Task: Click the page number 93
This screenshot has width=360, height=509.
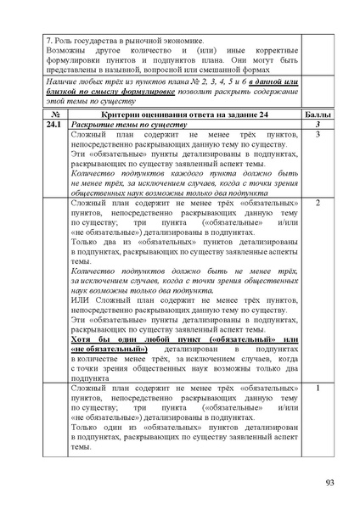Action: pos(329,483)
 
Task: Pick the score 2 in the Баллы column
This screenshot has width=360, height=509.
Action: pos(317,204)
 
